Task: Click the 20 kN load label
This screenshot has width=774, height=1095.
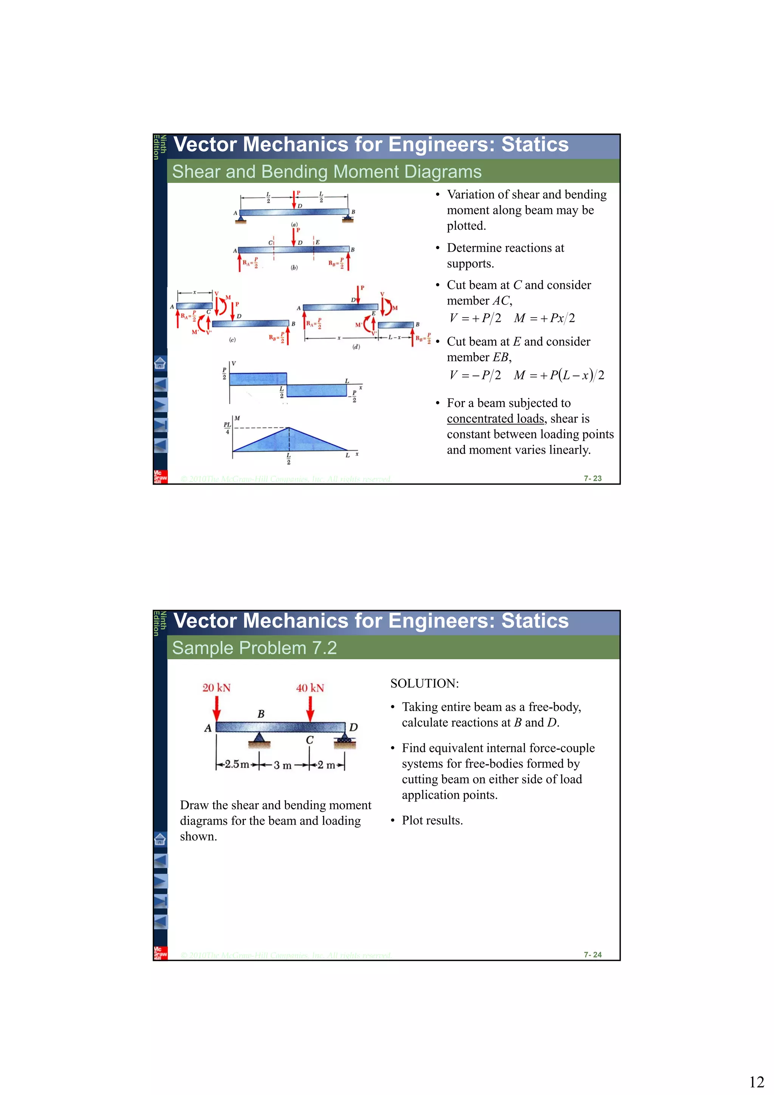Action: [217, 688]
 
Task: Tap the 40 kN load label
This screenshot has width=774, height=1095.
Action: [310, 688]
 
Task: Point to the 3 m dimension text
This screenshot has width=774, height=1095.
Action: [282, 765]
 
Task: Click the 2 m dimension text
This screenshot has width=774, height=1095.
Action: [327, 765]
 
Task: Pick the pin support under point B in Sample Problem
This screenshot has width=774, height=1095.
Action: [259, 740]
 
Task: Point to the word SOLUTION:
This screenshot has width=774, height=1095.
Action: [424, 683]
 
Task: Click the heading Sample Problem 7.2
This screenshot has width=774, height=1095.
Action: [254, 647]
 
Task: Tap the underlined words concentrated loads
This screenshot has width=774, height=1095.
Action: [495, 419]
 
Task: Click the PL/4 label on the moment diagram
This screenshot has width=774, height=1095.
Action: [227, 427]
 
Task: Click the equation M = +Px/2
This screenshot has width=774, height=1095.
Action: [544, 318]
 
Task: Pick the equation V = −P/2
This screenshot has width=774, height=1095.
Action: [475, 375]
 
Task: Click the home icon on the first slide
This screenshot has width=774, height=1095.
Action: [160, 363]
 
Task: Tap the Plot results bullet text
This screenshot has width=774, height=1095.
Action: [432, 820]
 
